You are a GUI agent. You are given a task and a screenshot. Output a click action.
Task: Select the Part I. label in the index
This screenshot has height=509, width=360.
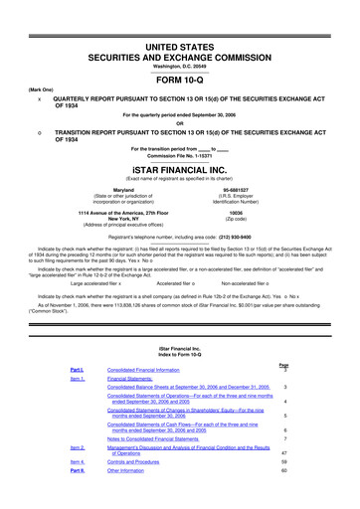76,371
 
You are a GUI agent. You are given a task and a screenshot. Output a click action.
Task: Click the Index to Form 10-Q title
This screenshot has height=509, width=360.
179,349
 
